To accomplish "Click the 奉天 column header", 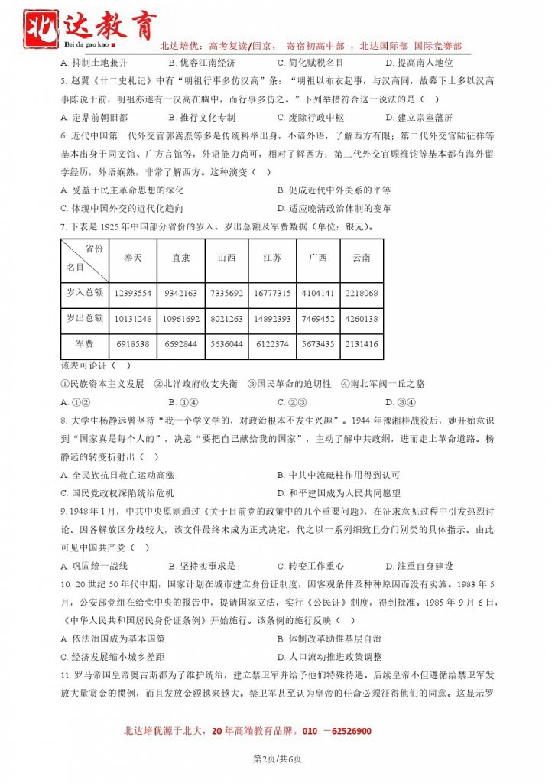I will (133, 258).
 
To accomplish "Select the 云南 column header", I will (361, 258).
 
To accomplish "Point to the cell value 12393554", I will (133, 293).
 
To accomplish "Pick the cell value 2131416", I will (361, 344).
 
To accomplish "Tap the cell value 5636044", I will (226, 344).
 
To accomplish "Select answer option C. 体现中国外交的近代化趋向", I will (122, 208).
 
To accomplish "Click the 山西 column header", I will (226, 258).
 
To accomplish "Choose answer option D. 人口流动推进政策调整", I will (329, 656).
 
